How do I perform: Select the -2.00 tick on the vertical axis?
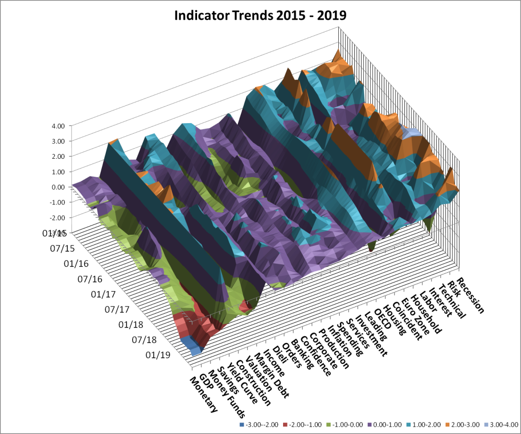58,218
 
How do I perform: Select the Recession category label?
470,295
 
